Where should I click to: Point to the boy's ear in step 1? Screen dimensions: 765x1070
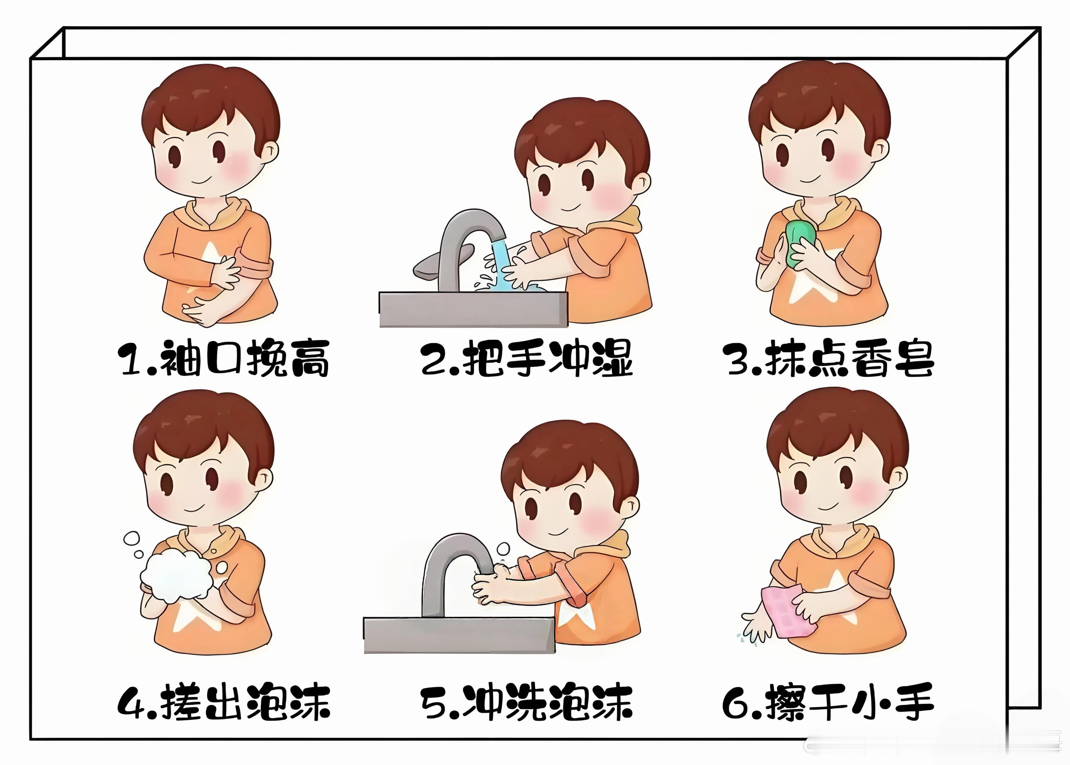(270, 153)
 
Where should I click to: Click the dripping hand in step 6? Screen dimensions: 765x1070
(757, 627)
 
